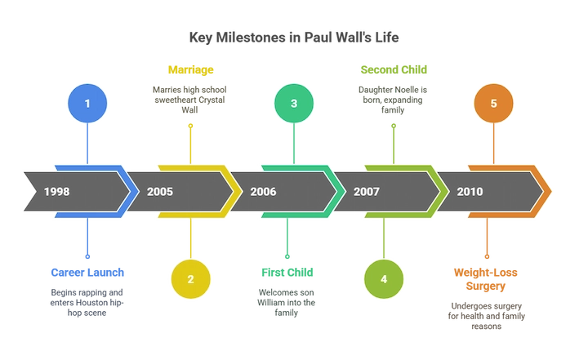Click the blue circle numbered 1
click(87, 104)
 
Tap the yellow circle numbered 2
click(190, 278)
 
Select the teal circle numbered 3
click(294, 104)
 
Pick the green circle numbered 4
click(384, 278)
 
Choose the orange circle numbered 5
click(493, 104)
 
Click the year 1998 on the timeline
click(57, 193)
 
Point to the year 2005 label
click(160, 193)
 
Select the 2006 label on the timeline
click(263, 193)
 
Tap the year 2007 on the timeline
click(367, 193)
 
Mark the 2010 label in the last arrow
click(470, 193)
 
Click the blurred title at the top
click(293, 37)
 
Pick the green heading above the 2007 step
click(394, 69)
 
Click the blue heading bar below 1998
click(87, 273)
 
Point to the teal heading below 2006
click(287, 273)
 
